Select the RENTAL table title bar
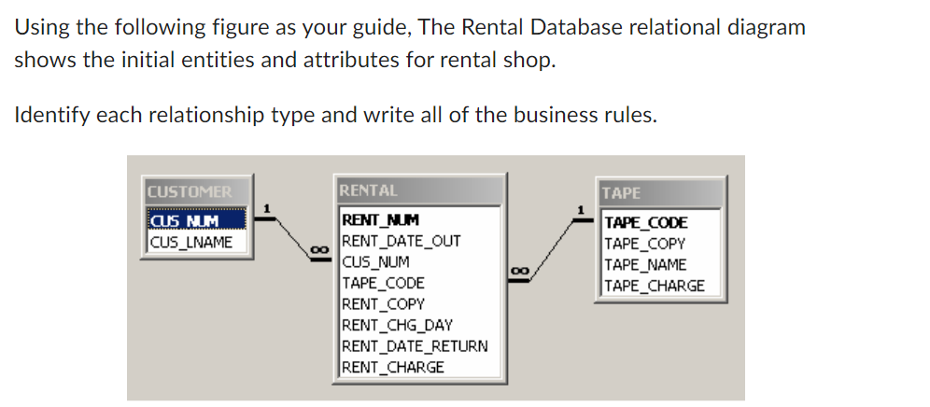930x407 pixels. click(x=421, y=190)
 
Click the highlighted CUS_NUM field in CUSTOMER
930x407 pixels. click(x=185, y=223)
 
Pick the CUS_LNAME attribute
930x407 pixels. click(x=190, y=243)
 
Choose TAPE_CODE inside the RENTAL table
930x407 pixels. click(x=384, y=282)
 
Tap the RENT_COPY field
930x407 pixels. click(x=384, y=303)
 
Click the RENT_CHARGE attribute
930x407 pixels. click(x=393, y=366)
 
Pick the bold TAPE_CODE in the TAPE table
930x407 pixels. click(x=647, y=222)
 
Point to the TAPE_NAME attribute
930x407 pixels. click(x=646, y=265)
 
